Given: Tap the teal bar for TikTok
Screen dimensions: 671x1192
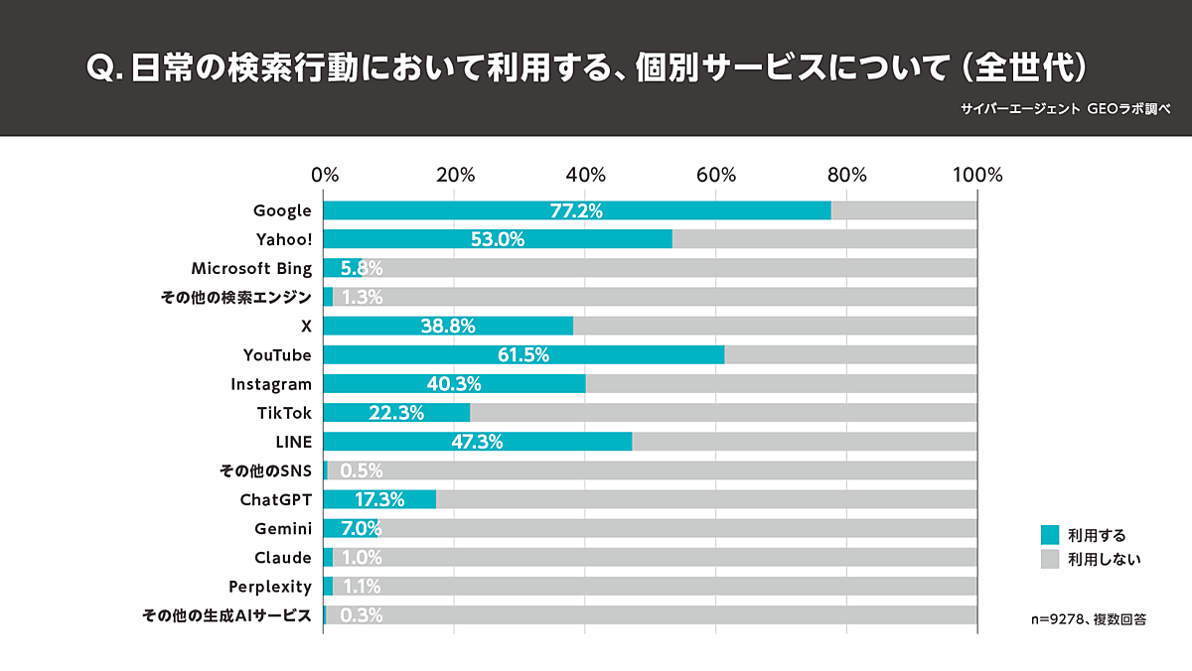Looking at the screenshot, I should coord(396,413).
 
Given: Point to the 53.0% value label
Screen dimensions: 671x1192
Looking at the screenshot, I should coord(499,239).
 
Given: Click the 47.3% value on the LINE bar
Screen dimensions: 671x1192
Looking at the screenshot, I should coord(477,442).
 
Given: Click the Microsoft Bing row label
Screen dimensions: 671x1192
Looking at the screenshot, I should coord(251,268).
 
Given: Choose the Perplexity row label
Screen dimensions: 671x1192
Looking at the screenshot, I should coord(269,587).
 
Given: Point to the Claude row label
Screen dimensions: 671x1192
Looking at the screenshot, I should coord(282,558).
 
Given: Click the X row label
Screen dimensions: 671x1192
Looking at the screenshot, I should coord(306,327).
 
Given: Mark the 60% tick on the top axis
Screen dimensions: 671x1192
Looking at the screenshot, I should coord(715,176).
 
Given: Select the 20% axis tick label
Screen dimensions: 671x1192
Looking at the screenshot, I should coord(455,176).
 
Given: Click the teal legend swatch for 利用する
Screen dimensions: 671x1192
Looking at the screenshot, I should coord(1049,534).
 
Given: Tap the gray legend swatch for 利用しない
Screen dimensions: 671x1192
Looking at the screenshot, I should coord(1049,560).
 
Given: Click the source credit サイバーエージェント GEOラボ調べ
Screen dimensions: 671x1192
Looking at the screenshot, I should coord(1065,109).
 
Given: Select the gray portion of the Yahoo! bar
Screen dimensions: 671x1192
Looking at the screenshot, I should coord(824,239).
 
